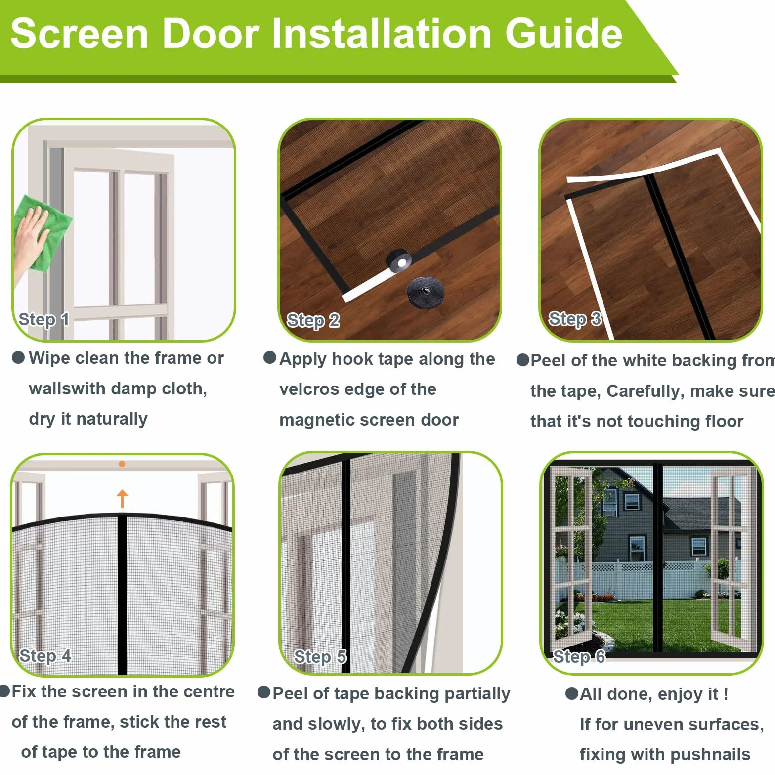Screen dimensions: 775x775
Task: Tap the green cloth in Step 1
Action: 47,232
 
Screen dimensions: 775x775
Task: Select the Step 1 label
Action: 43,319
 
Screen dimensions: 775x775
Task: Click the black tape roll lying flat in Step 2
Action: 425,292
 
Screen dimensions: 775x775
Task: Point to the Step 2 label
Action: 313,320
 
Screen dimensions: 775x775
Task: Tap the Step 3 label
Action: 575,319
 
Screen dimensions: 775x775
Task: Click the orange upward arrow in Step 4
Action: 122,498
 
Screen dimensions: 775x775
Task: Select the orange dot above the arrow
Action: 122,464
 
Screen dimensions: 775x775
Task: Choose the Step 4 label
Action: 45,656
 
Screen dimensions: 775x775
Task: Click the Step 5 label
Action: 320,657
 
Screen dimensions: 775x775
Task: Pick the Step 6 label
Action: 579,657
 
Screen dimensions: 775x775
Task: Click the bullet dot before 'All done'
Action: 571,693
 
